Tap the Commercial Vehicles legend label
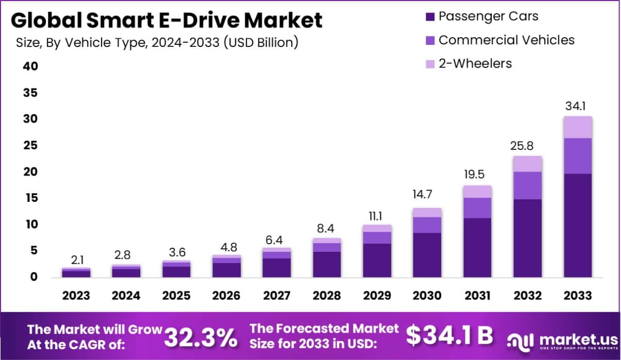506,40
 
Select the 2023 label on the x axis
76,296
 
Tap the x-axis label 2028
327,296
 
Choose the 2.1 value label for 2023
76,261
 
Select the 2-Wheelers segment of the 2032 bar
527,164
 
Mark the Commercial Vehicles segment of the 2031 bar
477,208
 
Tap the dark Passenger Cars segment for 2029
377,260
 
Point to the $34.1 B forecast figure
449,336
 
